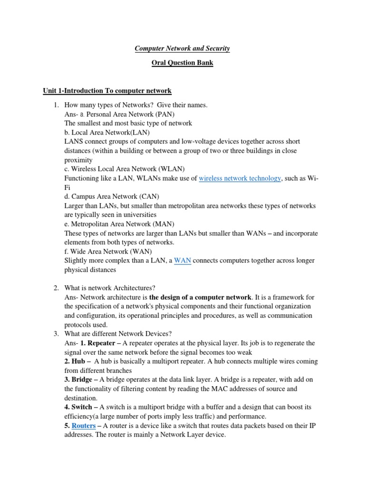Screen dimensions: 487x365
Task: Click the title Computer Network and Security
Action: click(182, 49)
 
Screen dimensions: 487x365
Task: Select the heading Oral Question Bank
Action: click(182, 63)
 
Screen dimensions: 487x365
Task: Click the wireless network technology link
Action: click(240, 178)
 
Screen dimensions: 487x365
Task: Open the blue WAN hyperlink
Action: click(182, 261)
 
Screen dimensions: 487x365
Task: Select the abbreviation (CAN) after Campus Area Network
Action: click(149, 196)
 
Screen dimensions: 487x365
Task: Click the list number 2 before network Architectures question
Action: click(56, 288)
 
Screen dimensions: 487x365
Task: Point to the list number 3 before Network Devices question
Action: click(56, 334)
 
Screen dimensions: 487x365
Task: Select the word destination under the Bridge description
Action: click(80, 398)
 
